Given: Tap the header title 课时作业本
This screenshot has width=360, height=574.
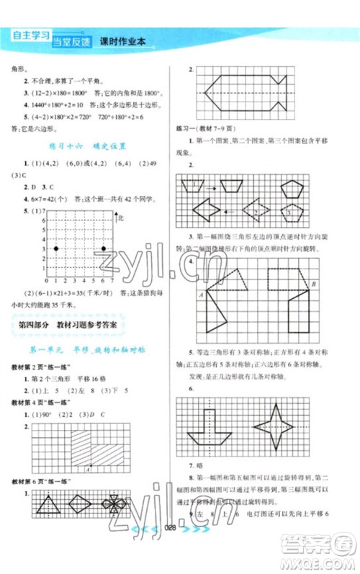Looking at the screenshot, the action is (122, 42).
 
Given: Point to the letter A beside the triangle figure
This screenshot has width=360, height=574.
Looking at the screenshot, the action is (199, 295).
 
